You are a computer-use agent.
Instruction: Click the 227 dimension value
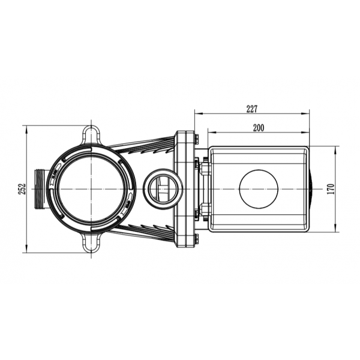pos(252,109)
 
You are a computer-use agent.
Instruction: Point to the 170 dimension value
pos(331,188)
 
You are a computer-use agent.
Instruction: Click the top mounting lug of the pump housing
pos(91,133)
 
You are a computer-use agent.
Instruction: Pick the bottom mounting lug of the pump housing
pos(91,243)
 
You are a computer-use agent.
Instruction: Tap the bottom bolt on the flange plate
pos(196,239)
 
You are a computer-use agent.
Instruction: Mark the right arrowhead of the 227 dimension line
pos(307,112)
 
